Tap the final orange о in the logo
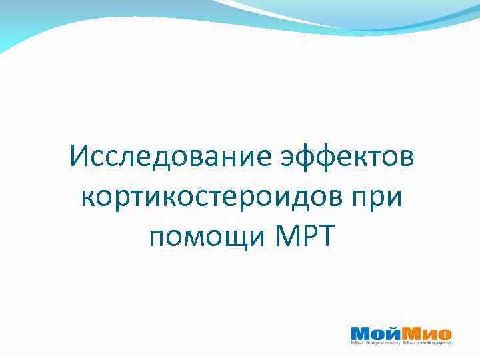click(445, 333)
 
